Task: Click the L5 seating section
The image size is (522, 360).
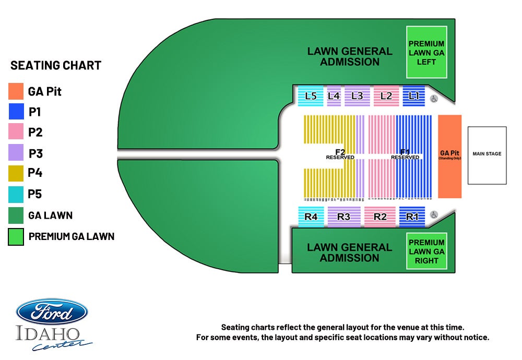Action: [311, 96]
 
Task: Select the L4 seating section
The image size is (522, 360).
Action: [334, 96]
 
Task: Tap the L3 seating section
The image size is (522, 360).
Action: [357, 96]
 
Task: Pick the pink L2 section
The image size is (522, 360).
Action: [386, 96]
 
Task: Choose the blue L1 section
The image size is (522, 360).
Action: [414, 96]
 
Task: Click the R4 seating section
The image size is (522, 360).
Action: [311, 217]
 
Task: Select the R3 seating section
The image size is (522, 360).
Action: [343, 217]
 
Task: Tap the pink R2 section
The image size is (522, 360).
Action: [380, 217]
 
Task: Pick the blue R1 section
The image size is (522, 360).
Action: [412, 217]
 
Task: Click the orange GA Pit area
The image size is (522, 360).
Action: [449, 156]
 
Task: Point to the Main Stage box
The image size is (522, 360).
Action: [487, 155]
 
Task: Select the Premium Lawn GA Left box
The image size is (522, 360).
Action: [426, 53]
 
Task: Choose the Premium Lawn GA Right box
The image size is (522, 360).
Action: [426, 251]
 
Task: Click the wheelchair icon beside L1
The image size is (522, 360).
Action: [434, 98]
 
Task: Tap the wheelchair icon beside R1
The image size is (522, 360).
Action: [434, 214]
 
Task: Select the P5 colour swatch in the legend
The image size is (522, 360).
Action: [16, 194]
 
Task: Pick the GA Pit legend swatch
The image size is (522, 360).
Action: [16, 91]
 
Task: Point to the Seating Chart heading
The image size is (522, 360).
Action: [56, 65]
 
